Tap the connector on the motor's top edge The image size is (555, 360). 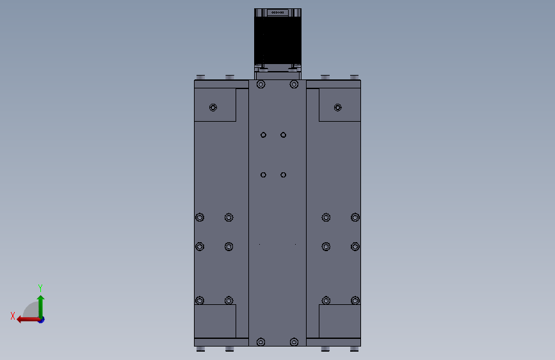click(x=277, y=12)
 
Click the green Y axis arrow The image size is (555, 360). click(x=40, y=304)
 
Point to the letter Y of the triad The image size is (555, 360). click(x=40, y=288)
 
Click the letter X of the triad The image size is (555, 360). click(x=12, y=316)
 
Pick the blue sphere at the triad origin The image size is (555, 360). click(x=40, y=319)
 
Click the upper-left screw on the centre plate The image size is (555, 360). click(x=261, y=84)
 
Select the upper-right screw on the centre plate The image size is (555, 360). click(x=294, y=84)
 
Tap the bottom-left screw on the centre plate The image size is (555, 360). click(x=261, y=342)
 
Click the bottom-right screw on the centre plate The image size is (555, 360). click(x=294, y=342)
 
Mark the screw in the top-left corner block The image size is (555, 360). click(x=213, y=107)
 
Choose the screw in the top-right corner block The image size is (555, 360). click(x=338, y=107)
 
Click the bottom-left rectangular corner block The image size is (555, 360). click(x=215, y=321)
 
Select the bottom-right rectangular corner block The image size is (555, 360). click(x=339, y=321)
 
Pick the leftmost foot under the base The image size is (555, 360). click(x=200, y=349)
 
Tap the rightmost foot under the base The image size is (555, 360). click(x=354, y=349)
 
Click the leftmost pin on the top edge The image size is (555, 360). click(x=200, y=77)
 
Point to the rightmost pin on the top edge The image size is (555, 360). click(x=354, y=77)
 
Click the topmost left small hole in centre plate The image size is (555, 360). click(x=263, y=135)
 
